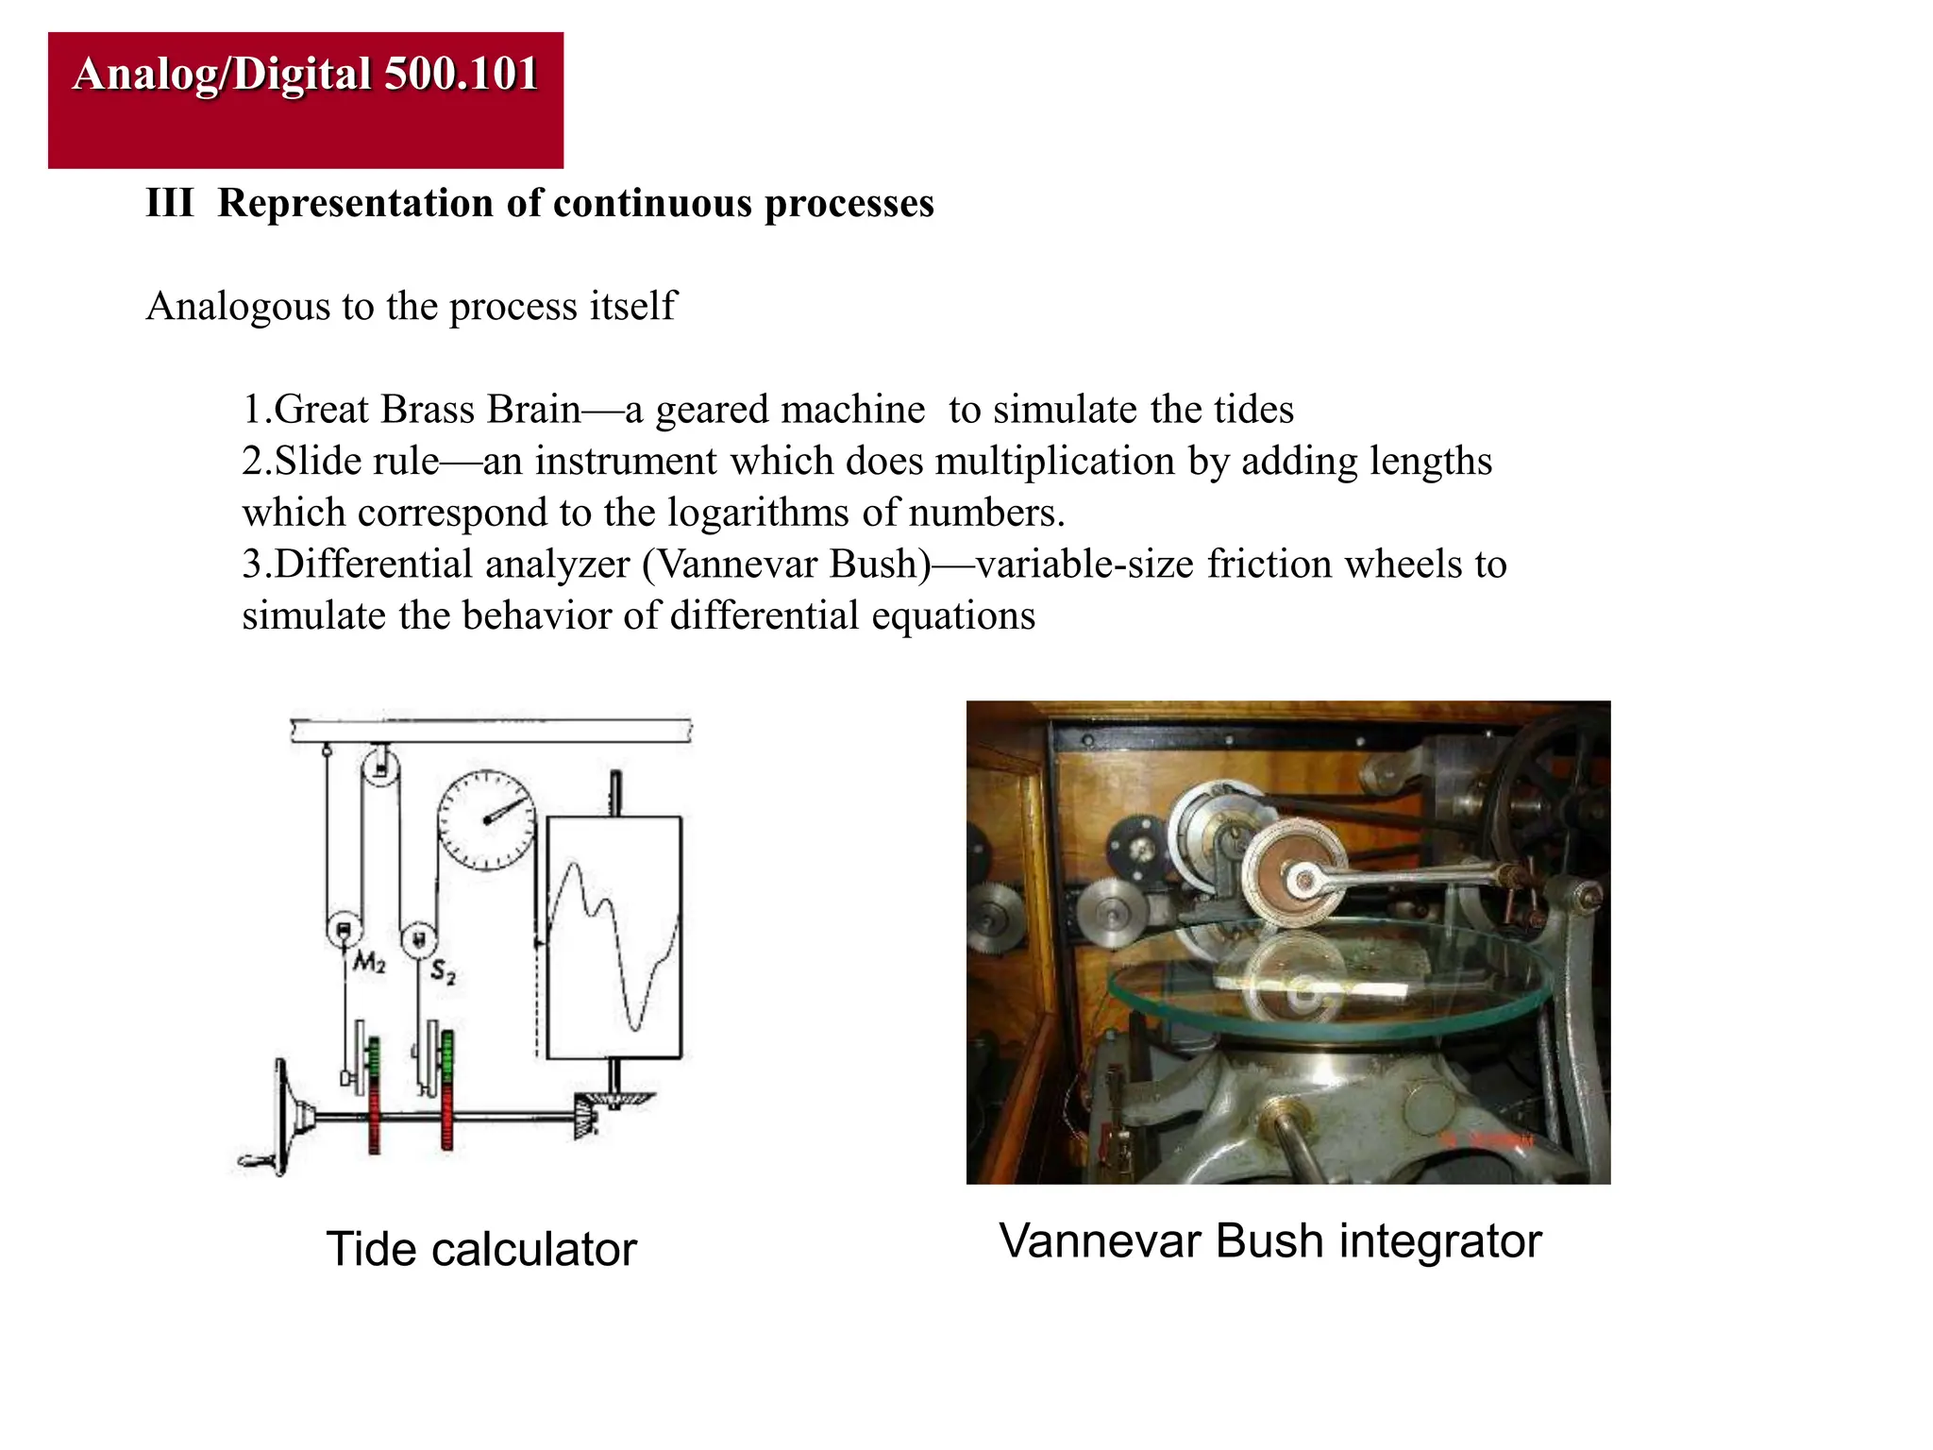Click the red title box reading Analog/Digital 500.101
(305, 100)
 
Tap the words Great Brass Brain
(428, 410)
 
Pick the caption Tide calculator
(481, 1249)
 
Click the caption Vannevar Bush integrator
(1269, 1240)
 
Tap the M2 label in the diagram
(369, 963)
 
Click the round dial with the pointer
(486, 819)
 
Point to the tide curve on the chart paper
(614, 944)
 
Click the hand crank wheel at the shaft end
(283, 1119)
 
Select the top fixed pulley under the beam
(379, 767)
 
